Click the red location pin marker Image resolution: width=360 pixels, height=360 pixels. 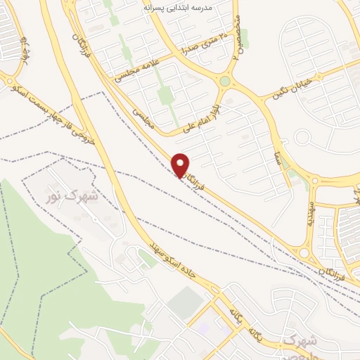(181, 165)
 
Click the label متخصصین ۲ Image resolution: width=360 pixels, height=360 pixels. (236, 28)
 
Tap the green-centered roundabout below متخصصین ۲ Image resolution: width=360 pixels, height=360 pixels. (224, 81)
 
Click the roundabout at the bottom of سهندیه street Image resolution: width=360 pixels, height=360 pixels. (304, 252)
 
